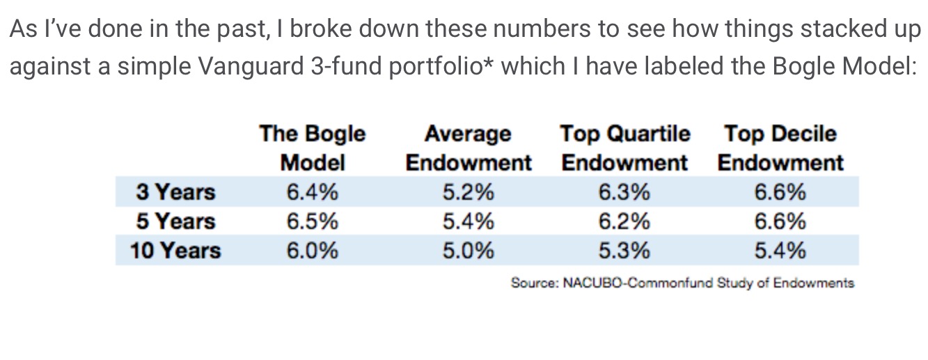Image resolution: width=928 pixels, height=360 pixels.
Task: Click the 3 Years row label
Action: [176, 191]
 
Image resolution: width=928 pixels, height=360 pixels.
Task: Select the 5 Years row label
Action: [176, 221]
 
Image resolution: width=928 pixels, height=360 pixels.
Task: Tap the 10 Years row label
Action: [175, 251]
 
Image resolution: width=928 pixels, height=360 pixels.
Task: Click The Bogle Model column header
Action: [312, 148]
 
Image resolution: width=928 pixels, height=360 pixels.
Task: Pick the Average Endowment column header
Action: [468, 148]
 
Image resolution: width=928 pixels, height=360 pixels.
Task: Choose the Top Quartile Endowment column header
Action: [624, 148]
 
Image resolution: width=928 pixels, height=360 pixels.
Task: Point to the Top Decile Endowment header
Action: [780, 148]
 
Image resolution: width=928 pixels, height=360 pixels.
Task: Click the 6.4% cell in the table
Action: [312, 191]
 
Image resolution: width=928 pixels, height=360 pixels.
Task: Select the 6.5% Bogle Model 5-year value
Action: [312, 221]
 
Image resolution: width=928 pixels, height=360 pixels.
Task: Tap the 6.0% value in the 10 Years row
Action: [312, 251]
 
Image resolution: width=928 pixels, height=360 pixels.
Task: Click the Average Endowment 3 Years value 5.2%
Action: [468, 191]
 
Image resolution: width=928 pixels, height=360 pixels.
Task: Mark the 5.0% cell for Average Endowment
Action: [468, 251]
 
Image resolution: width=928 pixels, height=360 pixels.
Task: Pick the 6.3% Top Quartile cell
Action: [624, 191]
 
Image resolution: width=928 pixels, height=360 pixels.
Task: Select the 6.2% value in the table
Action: [624, 221]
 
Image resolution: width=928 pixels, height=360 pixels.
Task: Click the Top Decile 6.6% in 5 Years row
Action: [780, 221]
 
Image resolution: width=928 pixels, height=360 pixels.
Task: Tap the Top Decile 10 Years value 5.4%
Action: [780, 251]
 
